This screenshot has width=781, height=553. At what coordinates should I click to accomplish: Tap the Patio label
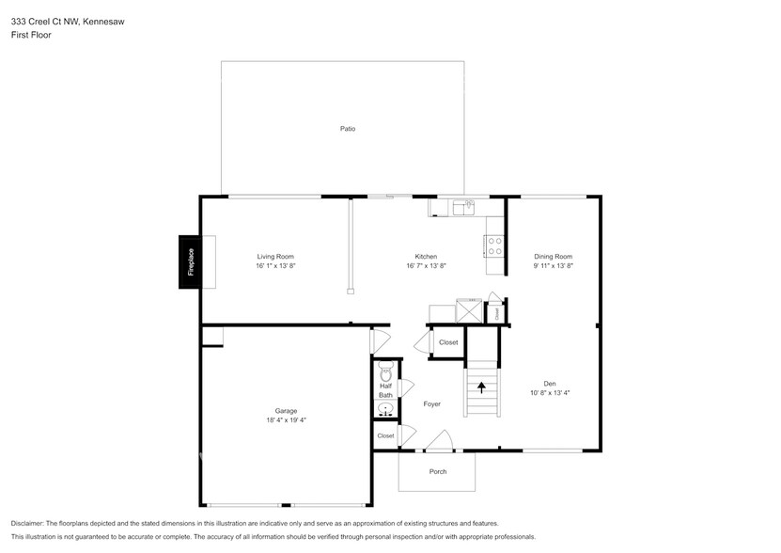click(348, 129)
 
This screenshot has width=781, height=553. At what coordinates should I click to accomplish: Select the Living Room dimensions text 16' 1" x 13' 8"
click(275, 266)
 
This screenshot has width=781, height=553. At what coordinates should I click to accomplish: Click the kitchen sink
click(463, 207)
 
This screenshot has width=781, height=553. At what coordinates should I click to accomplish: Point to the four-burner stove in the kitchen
click(494, 246)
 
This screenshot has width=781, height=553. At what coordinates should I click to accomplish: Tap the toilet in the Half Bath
click(385, 372)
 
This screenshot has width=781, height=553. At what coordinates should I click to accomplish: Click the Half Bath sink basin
click(385, 409)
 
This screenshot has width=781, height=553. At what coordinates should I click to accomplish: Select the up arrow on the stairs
click(483, 386)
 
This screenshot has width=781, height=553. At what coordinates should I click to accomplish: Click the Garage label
click(286, 411)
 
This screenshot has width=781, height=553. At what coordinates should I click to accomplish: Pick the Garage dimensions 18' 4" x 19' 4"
click(286, 420)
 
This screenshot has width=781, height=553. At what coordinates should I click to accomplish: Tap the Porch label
click(438, 471)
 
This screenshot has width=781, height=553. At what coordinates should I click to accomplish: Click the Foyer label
click(431, 404)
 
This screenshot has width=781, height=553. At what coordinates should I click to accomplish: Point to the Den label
click(550, 383)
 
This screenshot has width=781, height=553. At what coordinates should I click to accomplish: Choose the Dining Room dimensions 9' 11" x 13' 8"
click(553, 266)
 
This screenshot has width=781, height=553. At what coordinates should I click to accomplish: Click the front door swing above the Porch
click(439, 440)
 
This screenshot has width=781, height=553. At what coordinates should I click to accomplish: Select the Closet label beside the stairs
click(448, 342)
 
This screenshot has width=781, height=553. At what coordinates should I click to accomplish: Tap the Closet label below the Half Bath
click(385, 435)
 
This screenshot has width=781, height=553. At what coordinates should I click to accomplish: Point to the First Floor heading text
click(31, 35)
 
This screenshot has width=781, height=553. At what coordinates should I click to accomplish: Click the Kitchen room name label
click(426, 257)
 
